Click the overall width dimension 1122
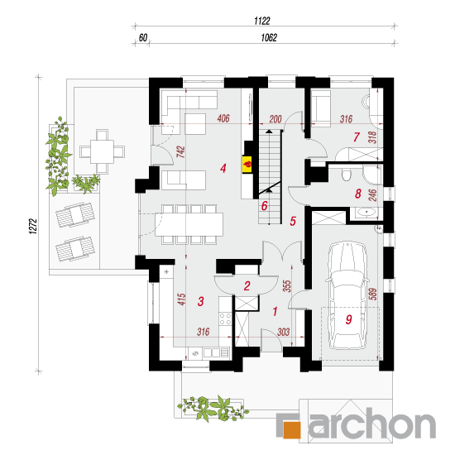pos(262,21)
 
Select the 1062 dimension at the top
pos(269,38)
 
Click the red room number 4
pos(223,168)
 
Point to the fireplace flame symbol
pos(247,165)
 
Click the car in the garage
pos(347,295)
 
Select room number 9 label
pos(349,319)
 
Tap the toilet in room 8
pos(346,174)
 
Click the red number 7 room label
pos(357,137)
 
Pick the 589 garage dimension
pos(373,294)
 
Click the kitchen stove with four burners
pos(225,318)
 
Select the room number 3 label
pos(200,301)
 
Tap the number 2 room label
pos(247,286)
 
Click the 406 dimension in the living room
pos(223,118)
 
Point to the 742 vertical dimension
pos(181,151)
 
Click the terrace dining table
pos(102,151)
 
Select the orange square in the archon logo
pos(292,429)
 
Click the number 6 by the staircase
pos(264,206)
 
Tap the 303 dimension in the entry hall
pos(283,332)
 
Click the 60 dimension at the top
pos(143,38)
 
